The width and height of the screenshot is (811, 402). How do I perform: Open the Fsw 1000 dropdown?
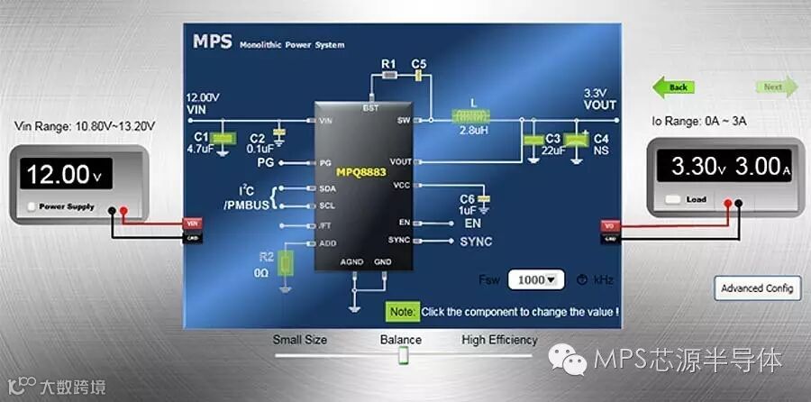click(535, 279)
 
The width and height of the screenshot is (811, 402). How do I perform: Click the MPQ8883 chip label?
click(360, 171)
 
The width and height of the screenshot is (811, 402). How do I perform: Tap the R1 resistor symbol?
click(389, 78)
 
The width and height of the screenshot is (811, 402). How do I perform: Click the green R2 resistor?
click(286, 264)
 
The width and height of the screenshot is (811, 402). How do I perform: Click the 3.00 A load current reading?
click(762, 167)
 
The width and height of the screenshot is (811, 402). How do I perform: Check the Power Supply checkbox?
click(32, 206)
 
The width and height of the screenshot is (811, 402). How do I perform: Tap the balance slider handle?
click(403, 357)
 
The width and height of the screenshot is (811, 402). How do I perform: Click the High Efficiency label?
click(499, 340)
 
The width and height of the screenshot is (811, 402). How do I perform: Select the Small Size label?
click(300, 340)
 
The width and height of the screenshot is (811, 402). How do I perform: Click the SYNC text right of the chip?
click(476, 242)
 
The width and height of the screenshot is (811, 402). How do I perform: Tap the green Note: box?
click(403, 312)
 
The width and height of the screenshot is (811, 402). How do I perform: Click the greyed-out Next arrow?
click(775, 87)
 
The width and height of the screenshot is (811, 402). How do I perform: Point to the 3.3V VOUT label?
click(599, 99)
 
